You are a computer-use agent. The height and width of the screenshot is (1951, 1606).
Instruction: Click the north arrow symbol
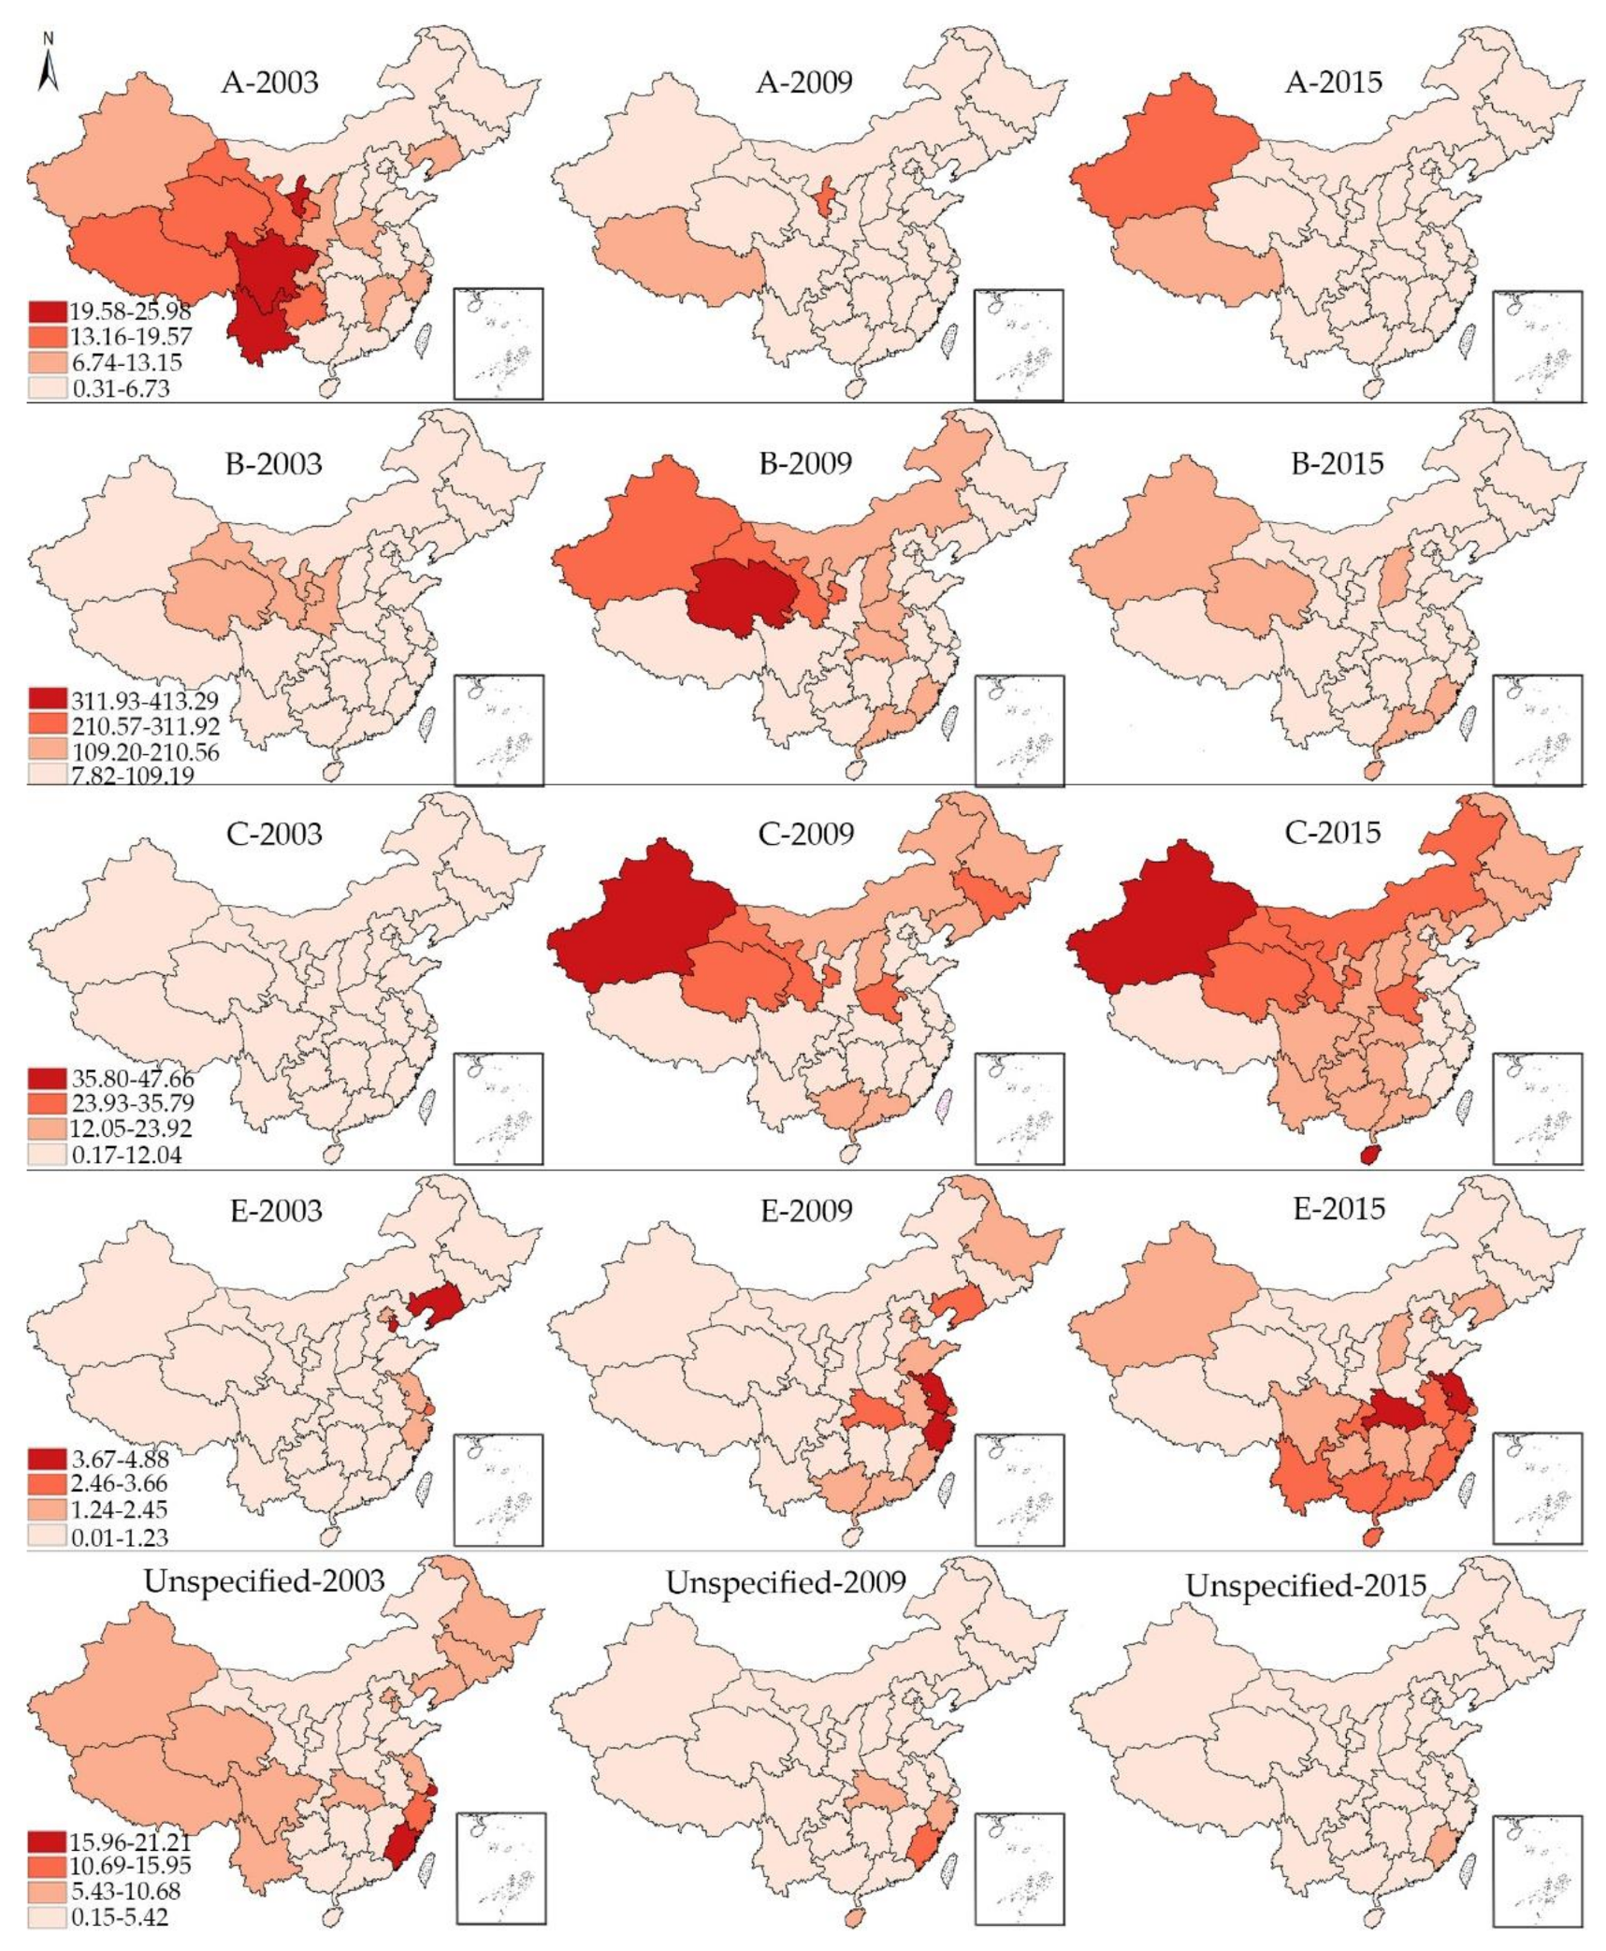tap(50, 65)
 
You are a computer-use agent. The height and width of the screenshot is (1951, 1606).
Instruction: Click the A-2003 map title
tap(270, 81)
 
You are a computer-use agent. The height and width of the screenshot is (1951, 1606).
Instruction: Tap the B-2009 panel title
tap(804, 462)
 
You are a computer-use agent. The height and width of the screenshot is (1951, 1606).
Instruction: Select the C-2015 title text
tap(1333, 832)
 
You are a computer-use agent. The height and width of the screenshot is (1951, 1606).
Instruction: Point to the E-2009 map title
tap(806, 1210)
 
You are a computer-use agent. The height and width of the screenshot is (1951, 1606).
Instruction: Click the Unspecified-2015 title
tap(1306, 1585)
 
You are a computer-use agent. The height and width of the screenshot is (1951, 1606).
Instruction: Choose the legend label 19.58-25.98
tap(129, 311)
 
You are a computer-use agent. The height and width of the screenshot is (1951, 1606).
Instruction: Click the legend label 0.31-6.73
tap(120, 387)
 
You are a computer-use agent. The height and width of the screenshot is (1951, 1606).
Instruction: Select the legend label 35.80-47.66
tap(131, 1079)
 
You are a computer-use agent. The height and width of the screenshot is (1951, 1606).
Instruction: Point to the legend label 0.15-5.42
tap(120, 1916)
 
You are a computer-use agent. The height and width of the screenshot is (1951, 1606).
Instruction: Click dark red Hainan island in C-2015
tap(1369, 1155)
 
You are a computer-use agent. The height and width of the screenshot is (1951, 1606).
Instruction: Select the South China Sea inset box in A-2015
tap(1538, 345)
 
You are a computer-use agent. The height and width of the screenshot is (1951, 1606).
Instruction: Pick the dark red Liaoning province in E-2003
tap(435, 1302)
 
